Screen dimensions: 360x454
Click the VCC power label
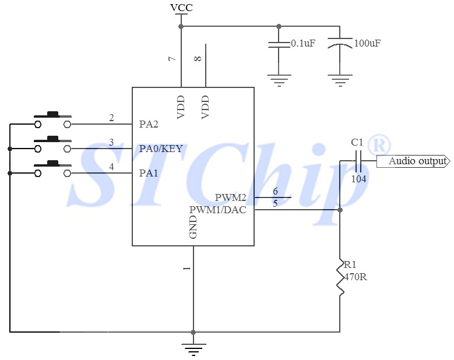click(181, 8)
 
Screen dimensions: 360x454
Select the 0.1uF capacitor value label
click(303, 44)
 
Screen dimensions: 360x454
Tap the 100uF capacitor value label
click(368, 44)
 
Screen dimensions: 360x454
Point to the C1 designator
click(357, 142)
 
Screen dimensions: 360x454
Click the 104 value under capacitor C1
click(358, 179)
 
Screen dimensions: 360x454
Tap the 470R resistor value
click(356, 277)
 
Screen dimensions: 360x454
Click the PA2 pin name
click(149, 124)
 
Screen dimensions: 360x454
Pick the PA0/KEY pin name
click(161, 149)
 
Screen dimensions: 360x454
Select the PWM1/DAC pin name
click(217, 210)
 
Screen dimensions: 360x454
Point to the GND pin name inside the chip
click(193, 227)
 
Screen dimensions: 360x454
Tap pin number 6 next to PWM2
click(275, 192)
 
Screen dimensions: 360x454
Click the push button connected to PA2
click(52, 121)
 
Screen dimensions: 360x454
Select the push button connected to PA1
click(52, 170)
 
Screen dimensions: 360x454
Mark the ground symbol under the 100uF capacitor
click(340, 79)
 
